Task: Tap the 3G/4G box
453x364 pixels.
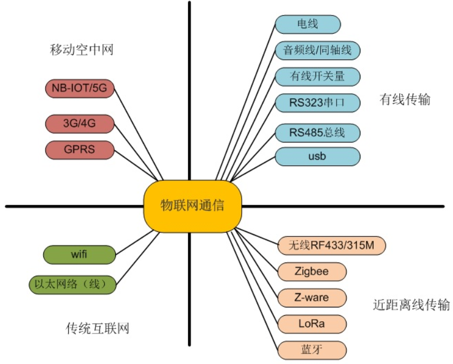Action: [79, 124]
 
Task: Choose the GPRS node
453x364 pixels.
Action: [79, 150]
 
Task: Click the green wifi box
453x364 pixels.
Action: [79, 255]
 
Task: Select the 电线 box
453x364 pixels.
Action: [308, 24]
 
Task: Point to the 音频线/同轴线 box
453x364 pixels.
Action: [317, 50]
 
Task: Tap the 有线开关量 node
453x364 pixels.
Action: [317, 76]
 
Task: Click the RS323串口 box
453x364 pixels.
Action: [317, 103]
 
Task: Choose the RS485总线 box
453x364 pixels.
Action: [317, 133]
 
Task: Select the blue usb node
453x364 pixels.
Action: [317, 156]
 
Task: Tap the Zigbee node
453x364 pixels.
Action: [312, 271]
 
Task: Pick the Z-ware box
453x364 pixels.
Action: [312, 297]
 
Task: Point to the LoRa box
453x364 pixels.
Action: [312, 323]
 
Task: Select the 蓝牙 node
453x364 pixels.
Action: [312, 350]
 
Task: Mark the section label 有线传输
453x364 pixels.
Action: [405, 100]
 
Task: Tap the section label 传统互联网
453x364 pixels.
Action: [97, 328]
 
